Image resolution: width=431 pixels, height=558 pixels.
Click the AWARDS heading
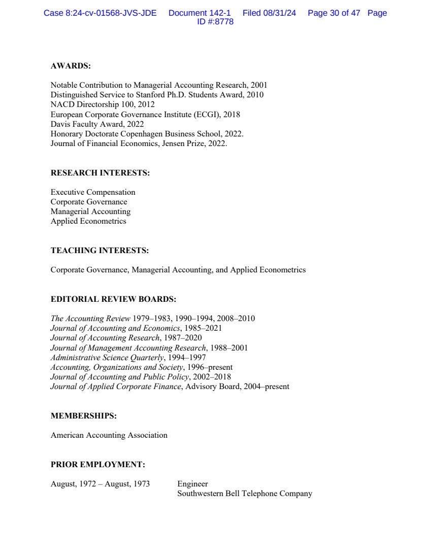(x=71, y=66)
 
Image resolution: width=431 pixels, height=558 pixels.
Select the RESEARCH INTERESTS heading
(x=100, y=173)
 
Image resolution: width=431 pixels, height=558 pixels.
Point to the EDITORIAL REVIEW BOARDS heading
(x=113, y=299)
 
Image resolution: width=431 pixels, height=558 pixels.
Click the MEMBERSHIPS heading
(x=83, y=416)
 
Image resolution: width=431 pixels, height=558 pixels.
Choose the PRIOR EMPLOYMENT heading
(x=97, y=465)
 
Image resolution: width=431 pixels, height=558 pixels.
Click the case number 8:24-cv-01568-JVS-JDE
(x=100, y=13)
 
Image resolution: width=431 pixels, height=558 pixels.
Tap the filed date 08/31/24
(x=279, y=13)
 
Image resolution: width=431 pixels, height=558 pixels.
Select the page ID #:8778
(x=215, y=22)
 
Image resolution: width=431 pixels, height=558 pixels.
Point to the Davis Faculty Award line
(x=97, y=124)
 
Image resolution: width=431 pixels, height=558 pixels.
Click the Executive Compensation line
(x=93, y=192)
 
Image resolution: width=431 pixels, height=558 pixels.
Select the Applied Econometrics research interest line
(x=88, y=221)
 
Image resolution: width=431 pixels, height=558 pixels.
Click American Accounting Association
(x=109, y=435)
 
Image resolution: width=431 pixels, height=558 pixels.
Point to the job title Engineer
(x=192, y=484)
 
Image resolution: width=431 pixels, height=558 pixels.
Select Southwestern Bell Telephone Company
(x=245, y=494)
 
